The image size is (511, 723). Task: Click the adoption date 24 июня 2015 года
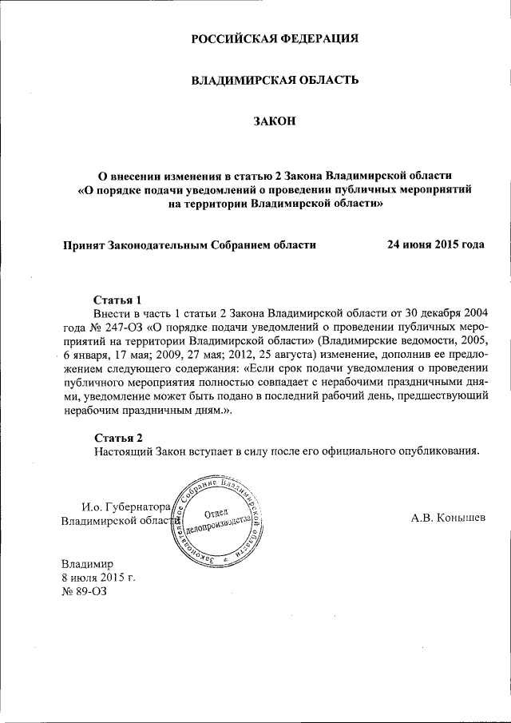click(x=436, y=245)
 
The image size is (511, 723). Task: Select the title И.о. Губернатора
click(x=126, y=506)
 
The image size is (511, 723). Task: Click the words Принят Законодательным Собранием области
click(x=190, y=245)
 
